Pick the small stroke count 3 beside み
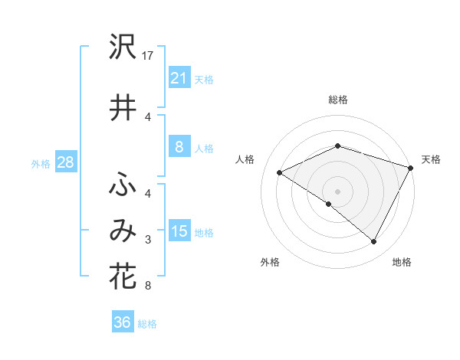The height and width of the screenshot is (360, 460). pyautogui.click(x=148, y=240)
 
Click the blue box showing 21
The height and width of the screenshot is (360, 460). pyautogui.click(x=179, y=78)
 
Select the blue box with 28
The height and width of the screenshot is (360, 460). pyautogui.click(x=65, y=162)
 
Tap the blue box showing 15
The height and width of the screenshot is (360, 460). pyautogui.click(x=179, y=231)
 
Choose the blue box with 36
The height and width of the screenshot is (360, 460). pyautogui.click(x=122, y=322)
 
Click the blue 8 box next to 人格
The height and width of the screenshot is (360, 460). pyautogui.click(x=179, y=147)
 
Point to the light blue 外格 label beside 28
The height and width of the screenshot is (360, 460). pyautogui.click(x=40, y=163)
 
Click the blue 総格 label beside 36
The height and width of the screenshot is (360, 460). pyautogui.click(x=147, y=324)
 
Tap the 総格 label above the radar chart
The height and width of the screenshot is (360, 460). pyautogui.click(x=337, y=100)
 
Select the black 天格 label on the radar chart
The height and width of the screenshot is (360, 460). pyautogui.click(x=431, y=159)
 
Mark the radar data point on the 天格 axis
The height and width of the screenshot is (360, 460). pyautogui.click(x=412, y=168)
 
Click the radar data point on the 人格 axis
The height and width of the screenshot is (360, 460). pyautogui.click(x=280, y=173)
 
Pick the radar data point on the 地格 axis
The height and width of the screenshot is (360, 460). pyautogui.click(x=374, y=242)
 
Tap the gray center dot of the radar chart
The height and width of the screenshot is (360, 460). pyautogui.click(x=337, y=191)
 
